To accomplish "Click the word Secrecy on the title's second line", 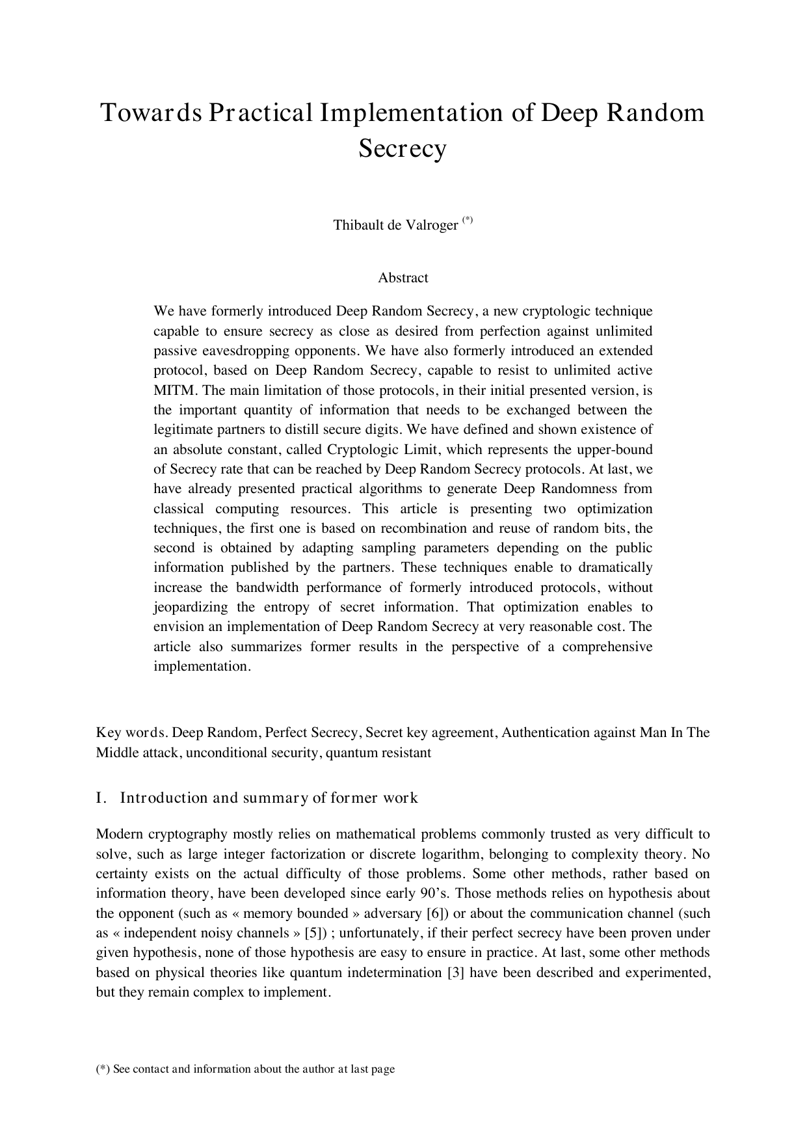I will [x=403, y=148].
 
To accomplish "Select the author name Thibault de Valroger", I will [x=395, y=225].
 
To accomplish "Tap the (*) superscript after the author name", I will [x=468, y=221].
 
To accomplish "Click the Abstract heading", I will [x=403, y=278].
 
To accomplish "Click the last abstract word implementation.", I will [x=201, y=666].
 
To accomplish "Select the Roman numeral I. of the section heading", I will [x=100, y=798].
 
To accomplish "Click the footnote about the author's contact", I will [x=245, y=1069].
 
